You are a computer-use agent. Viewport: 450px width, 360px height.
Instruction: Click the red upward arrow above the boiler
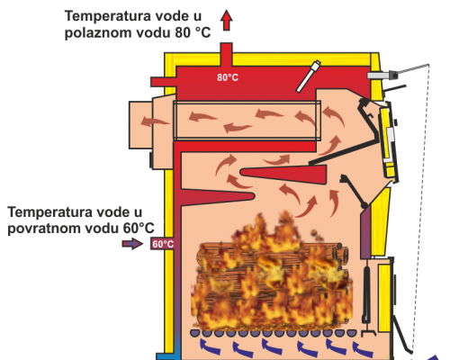click(x=227, y=20)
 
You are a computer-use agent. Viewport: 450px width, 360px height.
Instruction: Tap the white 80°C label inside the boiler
click(x=228, y=77)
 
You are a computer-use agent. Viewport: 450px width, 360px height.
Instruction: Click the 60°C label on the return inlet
click(x=163, y=244)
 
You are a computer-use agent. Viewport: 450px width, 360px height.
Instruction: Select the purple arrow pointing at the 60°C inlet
click(x=132, y=243)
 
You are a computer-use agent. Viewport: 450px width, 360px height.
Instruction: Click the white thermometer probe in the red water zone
click(x=309, y=76)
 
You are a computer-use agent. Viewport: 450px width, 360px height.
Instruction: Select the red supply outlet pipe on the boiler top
click(x=226, y=55)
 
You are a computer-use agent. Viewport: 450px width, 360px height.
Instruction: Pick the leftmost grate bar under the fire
click(x=195, y=333)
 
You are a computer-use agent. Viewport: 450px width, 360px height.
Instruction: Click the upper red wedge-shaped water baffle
click(x=283, y=175)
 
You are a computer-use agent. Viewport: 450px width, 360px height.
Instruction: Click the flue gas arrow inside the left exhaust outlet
click(x=155, y=121)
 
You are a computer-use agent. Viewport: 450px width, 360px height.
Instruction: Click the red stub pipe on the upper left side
click(x=163, y=82)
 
